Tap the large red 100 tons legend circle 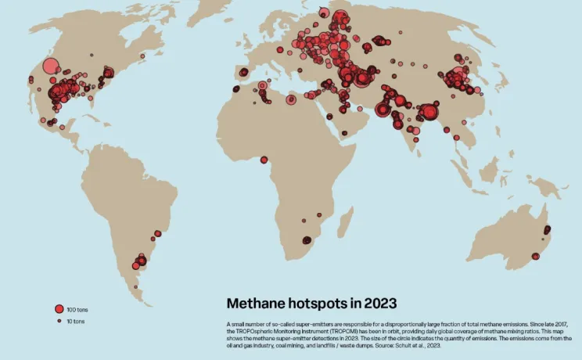pos(58,310)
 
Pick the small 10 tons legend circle pos(58,321)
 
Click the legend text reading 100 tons pos(76,310)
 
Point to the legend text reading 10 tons pos(75,321)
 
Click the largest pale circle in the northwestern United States pos(51,67)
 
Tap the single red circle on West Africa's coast pos(264,160)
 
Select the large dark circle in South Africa pos(307,240)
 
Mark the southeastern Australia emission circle pos(536,256)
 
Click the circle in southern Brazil pos(157,233)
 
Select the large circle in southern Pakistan pos(383,110)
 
